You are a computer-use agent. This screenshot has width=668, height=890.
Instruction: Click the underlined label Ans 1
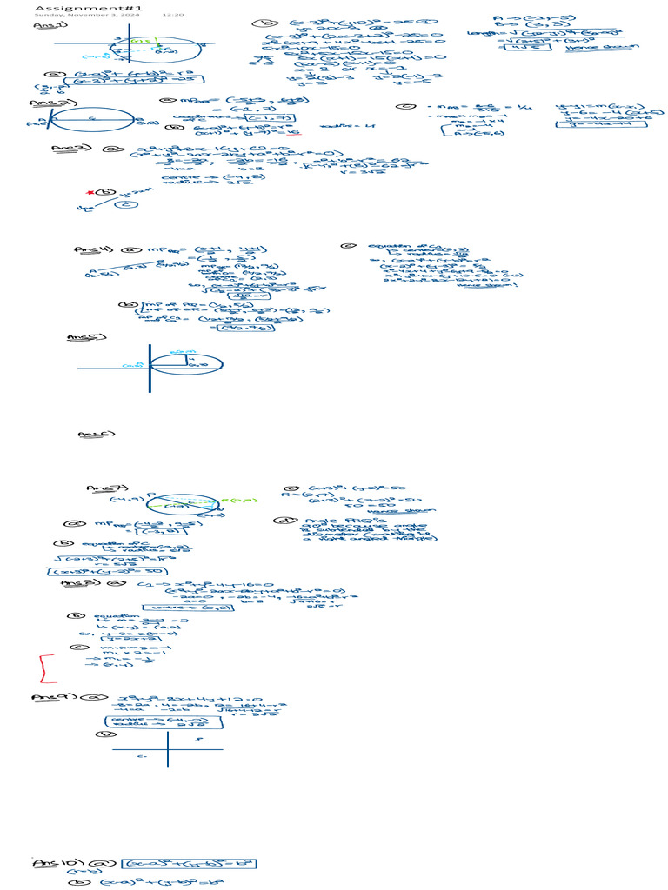43,26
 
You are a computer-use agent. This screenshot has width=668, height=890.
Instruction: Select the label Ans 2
42,102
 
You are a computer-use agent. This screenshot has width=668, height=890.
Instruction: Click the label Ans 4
89,250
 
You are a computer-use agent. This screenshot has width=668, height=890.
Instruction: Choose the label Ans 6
90,433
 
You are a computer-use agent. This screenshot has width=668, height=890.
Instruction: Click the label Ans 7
98,488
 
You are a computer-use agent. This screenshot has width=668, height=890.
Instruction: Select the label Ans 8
74,583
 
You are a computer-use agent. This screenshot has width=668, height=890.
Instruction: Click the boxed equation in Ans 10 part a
189,865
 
